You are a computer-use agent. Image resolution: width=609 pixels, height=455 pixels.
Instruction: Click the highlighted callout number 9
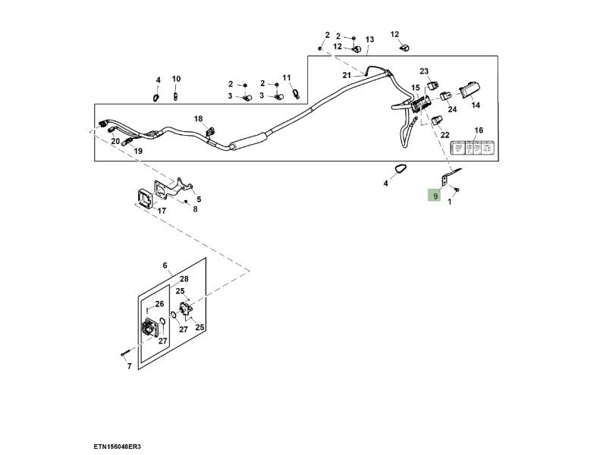(x=436, y=196)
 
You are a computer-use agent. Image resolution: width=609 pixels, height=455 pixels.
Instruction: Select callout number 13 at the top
(x=369, y=39)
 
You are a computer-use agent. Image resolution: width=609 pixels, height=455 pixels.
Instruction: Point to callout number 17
(x=140, y=211)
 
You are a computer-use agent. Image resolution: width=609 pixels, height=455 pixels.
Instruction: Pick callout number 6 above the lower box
(x=165, y=265)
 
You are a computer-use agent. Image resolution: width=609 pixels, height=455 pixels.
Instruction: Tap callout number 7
(x=129, y=366)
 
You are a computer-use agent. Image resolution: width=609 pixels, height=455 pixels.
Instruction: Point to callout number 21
(x=347, y=75)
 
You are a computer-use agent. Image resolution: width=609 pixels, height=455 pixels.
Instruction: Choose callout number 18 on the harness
(x=198, y=119)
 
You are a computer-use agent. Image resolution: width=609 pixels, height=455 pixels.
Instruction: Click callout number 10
(x=176, y=79)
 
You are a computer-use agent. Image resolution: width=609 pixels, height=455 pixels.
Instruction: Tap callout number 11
(x=287, y=78)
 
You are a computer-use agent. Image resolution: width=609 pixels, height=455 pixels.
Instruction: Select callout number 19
(x=138, y=151)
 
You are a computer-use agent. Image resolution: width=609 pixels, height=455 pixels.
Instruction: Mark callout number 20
(x=115, y=141)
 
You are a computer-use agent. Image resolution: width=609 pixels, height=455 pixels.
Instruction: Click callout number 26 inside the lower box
(x=159, y=305)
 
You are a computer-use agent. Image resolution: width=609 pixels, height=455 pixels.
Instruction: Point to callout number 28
(x=184, y=279)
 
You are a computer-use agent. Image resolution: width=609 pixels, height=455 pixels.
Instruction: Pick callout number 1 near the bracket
(x=450, y=202)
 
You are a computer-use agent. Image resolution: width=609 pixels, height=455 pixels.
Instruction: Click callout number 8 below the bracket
(x=195, y=209)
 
